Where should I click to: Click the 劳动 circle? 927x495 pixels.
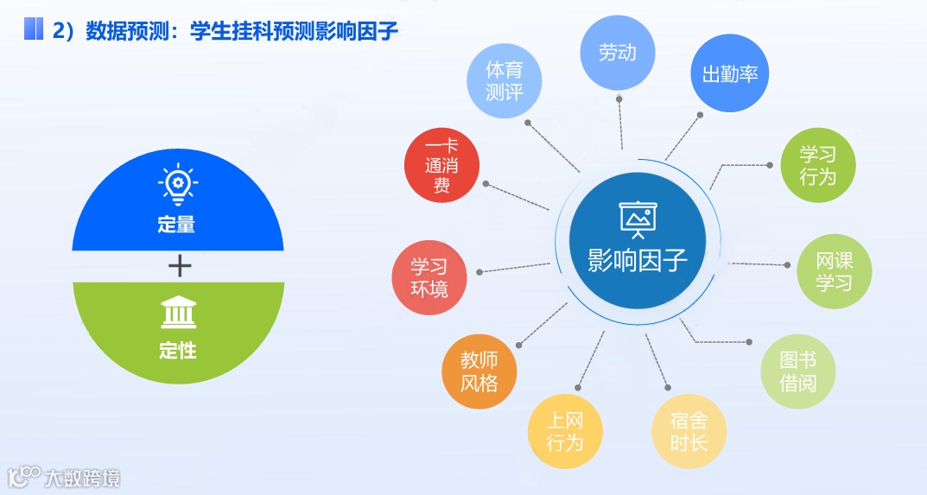(617, 53)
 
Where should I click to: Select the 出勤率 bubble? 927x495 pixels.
(730, 74)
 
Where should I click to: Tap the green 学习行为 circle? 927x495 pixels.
(817, 166)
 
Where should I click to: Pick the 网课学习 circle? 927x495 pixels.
(834, 271)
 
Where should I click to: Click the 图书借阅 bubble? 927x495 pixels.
(797, 371)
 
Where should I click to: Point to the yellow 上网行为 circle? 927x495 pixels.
(565, 432)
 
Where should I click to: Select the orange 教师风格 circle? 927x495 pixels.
(479, 371)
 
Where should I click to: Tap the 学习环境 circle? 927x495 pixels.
(429, 276)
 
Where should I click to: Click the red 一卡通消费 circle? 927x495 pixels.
(441, 165)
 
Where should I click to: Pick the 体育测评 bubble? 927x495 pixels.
(504, 80)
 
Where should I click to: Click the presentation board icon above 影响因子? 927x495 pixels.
(638, 219)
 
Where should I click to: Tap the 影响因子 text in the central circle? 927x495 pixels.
(638, 259)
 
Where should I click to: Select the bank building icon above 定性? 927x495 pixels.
(178, 313)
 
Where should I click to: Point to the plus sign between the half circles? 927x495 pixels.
(179, 265)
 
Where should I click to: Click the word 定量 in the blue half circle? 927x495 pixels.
(177, 225)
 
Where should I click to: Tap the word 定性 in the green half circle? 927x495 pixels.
(177, 351)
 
